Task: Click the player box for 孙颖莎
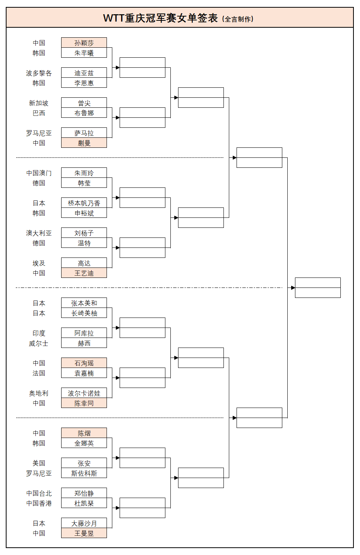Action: (84, 43)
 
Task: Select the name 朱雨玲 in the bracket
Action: (84, 173)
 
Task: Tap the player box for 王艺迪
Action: (84, 273)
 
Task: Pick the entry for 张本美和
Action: (84, 303)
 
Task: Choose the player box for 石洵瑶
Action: (84, 363)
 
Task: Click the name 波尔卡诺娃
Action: (84, 393)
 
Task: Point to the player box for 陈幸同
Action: (84, 403)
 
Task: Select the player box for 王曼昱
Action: (84, 533)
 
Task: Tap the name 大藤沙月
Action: (84, 523)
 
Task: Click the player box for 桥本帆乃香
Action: (84, 203)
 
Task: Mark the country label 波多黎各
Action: (39, 73)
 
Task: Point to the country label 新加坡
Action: (39, 103)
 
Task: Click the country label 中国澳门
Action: (39, 173)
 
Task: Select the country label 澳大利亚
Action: (39, 233)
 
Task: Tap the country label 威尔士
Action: (39, 343)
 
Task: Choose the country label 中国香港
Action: (39, 503)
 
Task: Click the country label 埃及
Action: (39, 263)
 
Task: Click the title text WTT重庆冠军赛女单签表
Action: (160, 18)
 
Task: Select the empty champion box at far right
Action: (318, 288)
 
